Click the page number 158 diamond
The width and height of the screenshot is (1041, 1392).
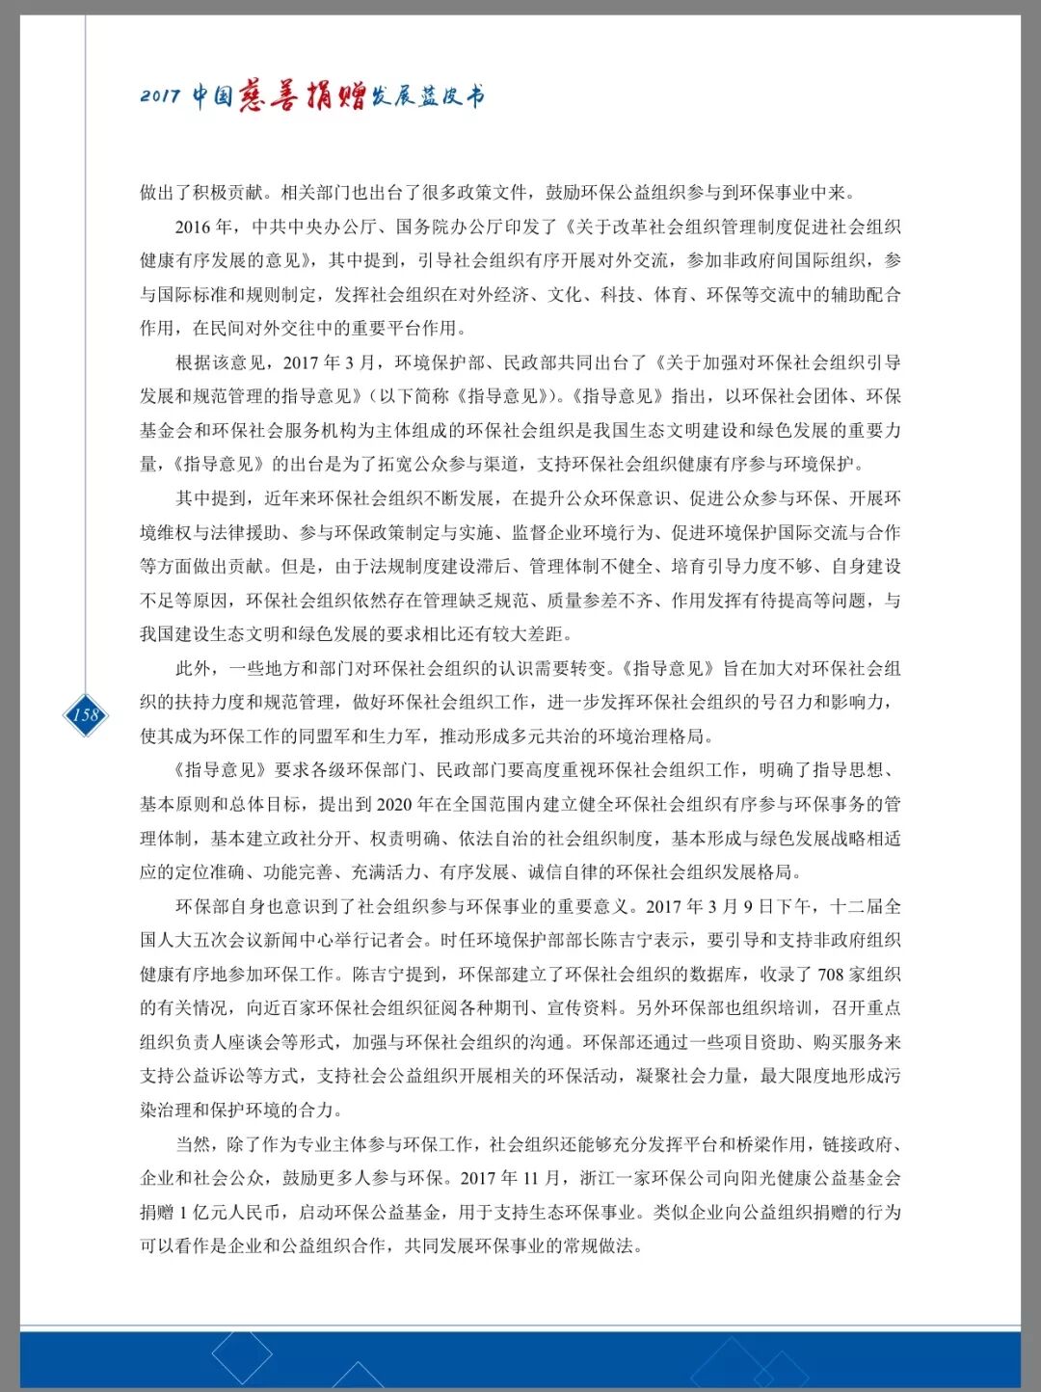86,714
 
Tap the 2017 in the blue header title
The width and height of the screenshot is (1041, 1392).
160,95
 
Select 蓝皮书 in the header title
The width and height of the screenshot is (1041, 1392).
451,95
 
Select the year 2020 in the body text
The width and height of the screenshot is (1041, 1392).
393,804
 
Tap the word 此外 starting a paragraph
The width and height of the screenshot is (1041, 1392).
193,668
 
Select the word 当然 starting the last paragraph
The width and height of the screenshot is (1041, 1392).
193,1144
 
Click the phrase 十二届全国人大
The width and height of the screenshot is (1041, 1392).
866,906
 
